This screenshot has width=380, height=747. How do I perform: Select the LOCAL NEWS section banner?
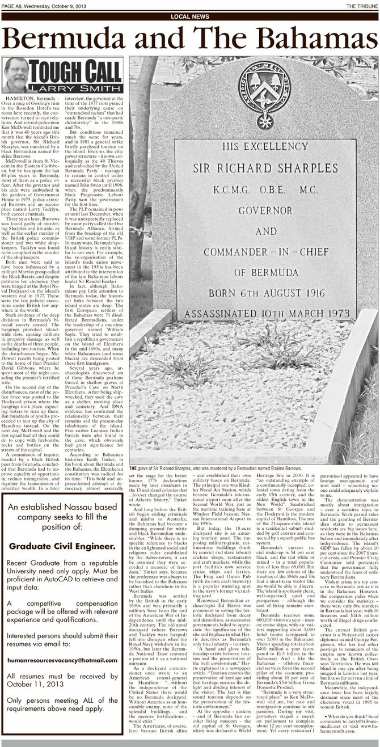coord(189,17)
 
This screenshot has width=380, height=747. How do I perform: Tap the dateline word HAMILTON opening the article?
coord(20,99)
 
